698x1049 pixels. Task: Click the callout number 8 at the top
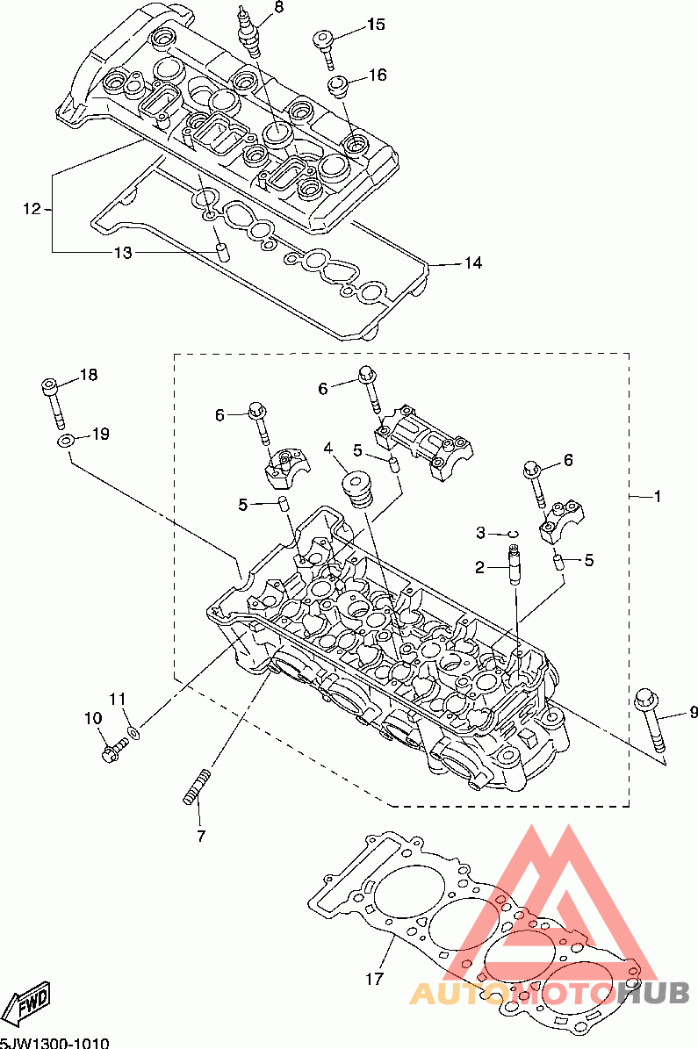[278, 7]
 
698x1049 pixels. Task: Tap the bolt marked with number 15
[325, 47]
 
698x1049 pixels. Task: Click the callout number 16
[378, 75]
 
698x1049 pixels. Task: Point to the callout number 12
[32, 209]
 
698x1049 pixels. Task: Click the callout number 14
[472, 263]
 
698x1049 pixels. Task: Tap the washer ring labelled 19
[65, 441]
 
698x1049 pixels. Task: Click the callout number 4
[328, 448]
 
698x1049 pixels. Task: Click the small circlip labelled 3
[514, 534]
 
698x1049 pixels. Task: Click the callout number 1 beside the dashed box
[658, 496]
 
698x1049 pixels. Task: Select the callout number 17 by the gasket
[374, 979]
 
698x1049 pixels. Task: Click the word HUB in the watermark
[653, 993]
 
